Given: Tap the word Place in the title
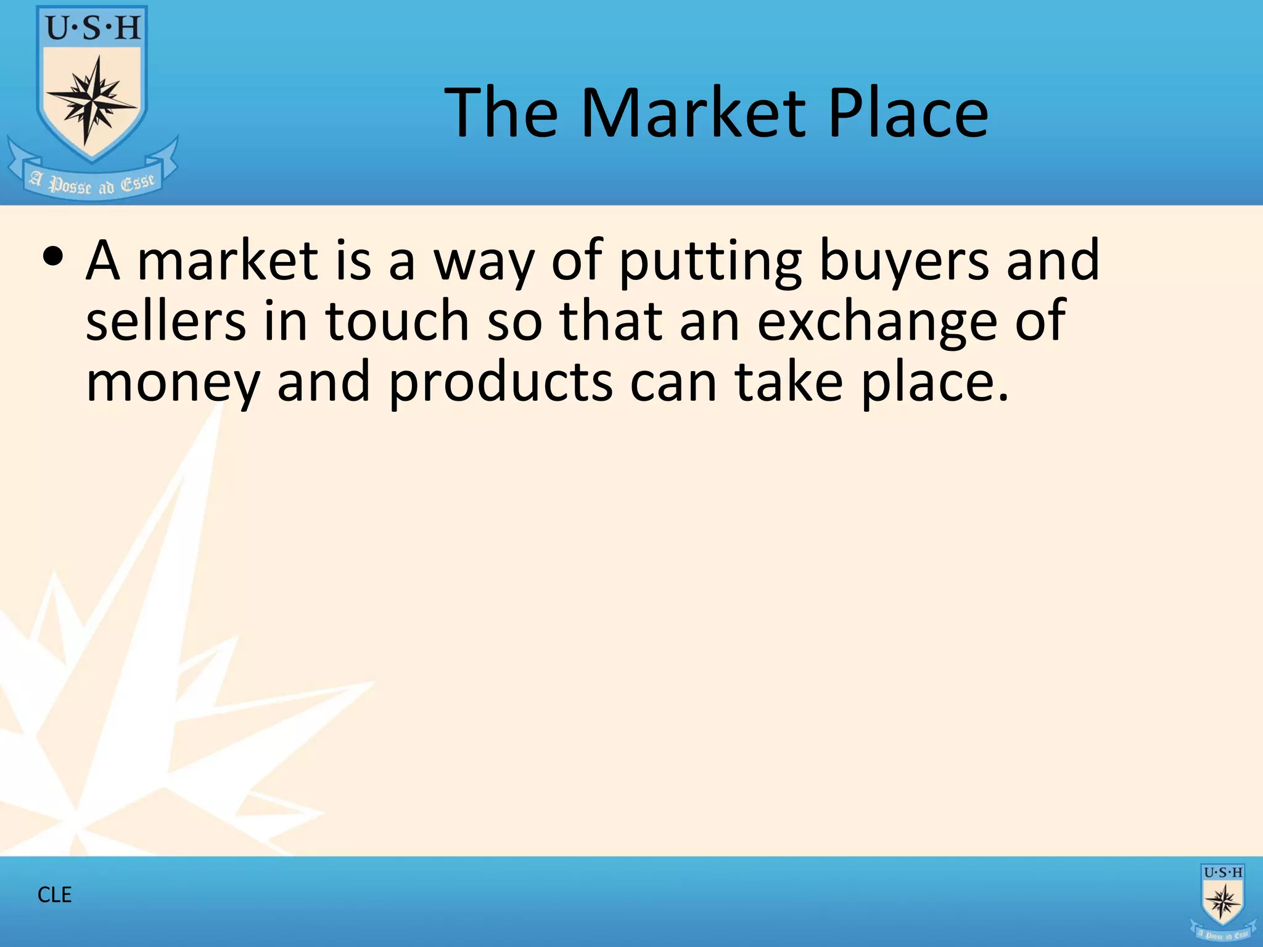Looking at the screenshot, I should [x=908, y=113].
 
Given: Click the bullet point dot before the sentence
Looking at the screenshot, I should [x=53, y=258].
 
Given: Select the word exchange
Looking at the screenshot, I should [x=877, y=322].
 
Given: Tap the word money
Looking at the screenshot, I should [x=173, y=383].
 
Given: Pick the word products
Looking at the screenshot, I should [x=501, y=383].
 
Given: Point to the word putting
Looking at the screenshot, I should [x=709, y=261].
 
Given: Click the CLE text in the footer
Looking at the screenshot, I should [x=54, y=895].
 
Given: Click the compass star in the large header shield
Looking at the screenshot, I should [x=93, y=99].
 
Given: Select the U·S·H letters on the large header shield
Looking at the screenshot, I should [x=93, y=28].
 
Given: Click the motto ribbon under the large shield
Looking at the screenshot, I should [x=93, y=182].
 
